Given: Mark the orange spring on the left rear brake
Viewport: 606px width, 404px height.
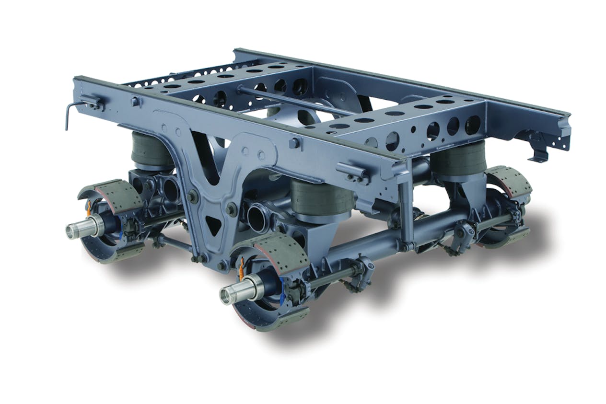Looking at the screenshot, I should pyautogui.click(x=89, y=207).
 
